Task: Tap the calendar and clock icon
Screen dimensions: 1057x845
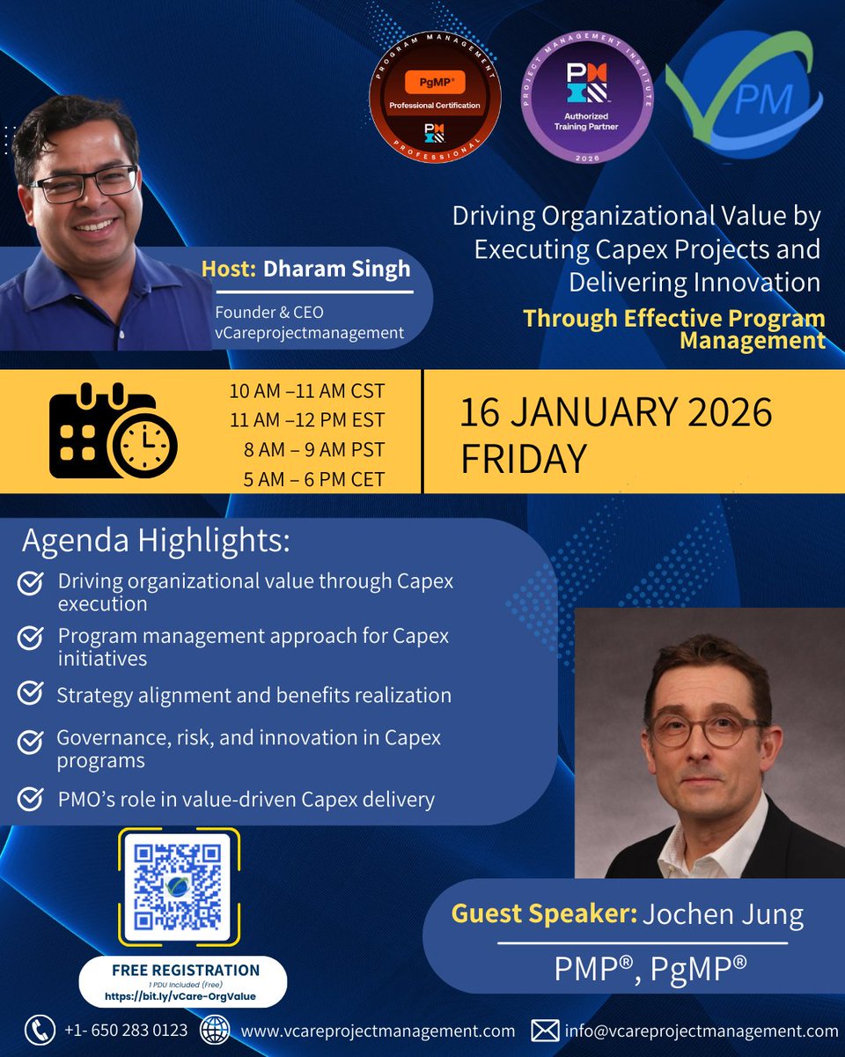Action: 113,431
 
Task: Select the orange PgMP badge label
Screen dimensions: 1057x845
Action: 435,82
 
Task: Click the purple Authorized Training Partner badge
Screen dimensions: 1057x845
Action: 587,98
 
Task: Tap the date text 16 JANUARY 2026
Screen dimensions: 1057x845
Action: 615,413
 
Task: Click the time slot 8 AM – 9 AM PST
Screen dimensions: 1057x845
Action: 314,449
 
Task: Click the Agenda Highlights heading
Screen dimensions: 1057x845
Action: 156,541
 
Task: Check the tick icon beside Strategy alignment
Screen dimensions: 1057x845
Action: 31,694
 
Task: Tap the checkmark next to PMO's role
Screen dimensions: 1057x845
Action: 31,800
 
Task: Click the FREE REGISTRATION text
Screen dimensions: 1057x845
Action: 186,970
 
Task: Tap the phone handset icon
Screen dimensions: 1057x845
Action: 39,1030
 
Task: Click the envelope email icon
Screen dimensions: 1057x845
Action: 546,1030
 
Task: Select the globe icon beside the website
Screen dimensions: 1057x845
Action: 216,1030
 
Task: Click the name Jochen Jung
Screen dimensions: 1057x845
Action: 723,914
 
